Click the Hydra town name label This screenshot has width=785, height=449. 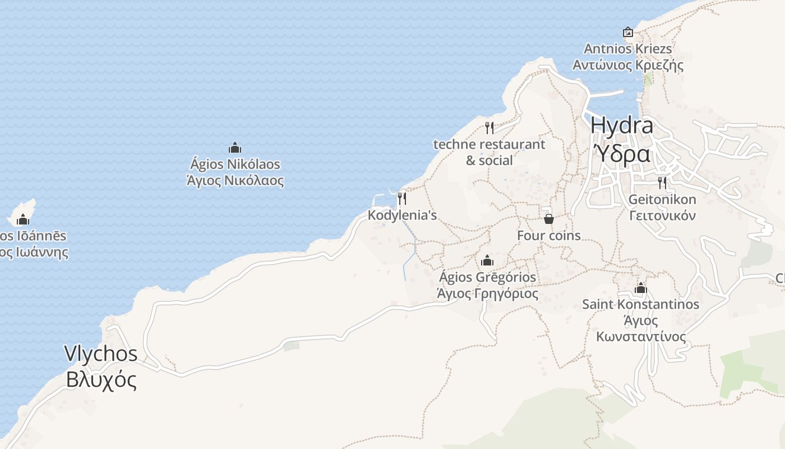point(622,125)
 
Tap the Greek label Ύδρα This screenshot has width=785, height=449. point(622,153)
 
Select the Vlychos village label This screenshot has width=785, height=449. point(101,354)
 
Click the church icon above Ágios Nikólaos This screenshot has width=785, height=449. point(235,148)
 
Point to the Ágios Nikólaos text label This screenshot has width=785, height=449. point(235,164)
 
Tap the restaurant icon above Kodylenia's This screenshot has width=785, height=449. point(401,198)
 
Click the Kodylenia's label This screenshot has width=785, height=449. point(402,215)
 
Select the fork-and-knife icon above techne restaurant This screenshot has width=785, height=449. point(490,127)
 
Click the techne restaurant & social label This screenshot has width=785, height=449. point(489,152)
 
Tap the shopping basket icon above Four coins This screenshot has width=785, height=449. point(549,218)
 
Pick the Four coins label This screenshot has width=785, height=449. point(548,236)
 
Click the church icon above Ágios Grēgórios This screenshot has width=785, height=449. point(487,260)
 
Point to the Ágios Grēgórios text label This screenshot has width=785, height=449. point(487,277)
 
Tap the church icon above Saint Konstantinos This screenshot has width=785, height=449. point(641,288)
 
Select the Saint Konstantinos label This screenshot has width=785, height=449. point(641,304)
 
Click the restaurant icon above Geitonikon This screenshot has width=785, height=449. point(662,182)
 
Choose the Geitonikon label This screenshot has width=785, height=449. point(662,199)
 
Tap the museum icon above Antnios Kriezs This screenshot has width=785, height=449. point(628,32)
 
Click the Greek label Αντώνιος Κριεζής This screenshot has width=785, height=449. point(628,65)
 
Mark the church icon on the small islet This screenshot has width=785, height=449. point(23,219)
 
